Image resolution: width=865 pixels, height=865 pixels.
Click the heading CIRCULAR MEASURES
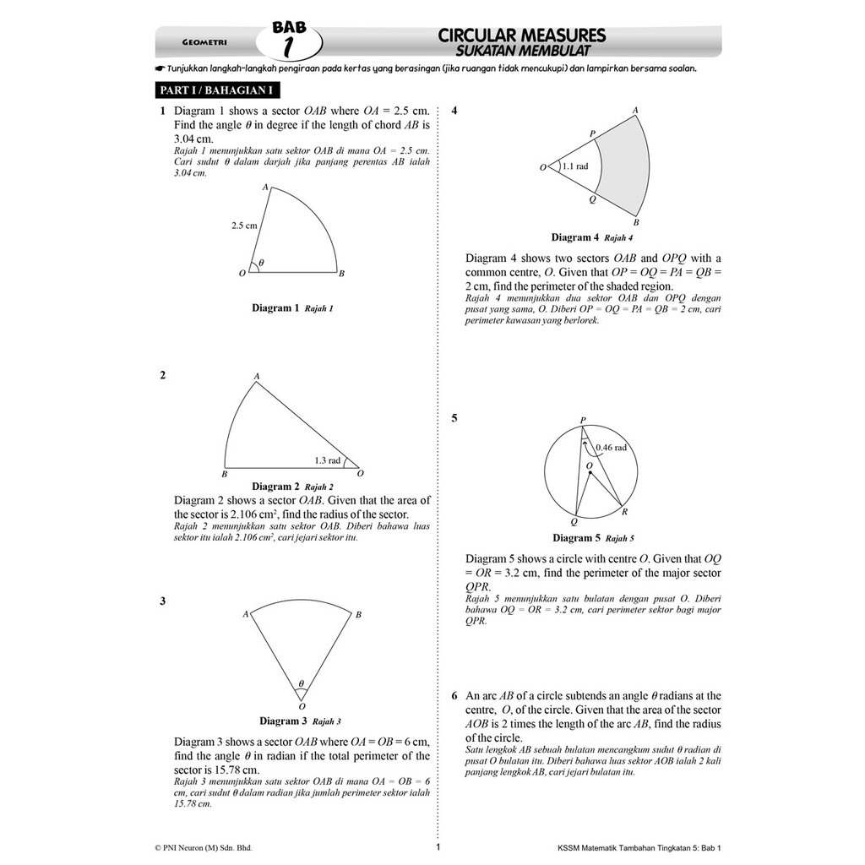tap(521, 35)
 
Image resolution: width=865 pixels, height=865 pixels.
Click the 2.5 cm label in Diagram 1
tap(244, 226)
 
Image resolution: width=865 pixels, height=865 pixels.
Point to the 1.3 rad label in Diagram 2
tap(327, 460)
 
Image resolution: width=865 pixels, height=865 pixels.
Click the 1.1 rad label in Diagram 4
tap(574, 166)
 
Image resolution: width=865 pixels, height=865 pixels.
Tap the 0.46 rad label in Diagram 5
tap(611, 448)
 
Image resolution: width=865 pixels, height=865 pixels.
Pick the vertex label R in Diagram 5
tap(624, 512)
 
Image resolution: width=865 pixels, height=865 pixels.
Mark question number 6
tap(454, 696)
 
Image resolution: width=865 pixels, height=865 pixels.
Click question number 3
tap(162, 601)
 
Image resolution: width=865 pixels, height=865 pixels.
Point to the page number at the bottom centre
tap(438, 846)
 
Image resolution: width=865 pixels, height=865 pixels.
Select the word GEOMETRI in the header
tap(204, 42)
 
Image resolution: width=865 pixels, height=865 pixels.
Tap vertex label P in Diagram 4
tap(592, 133)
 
